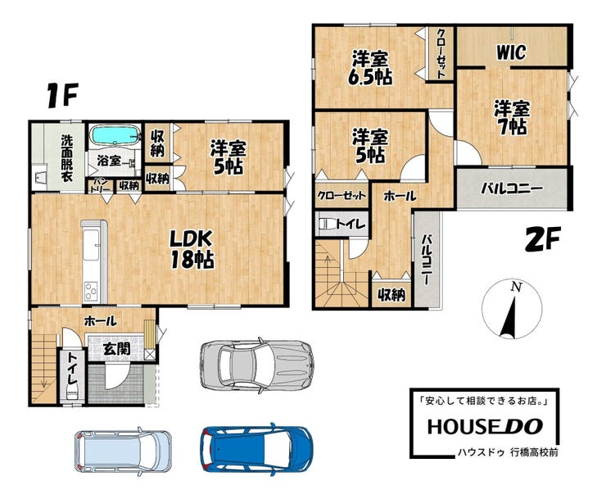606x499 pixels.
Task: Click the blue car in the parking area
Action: (x=256, y=447)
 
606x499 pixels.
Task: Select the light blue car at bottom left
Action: (x=123, y=451)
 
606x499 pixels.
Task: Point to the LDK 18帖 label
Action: (x=192, y=249)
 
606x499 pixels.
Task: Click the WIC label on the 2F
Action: (x=511, y=52)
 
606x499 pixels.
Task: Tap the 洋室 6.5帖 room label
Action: (x=370, y=68)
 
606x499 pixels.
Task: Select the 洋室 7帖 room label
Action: (x=512, y=118)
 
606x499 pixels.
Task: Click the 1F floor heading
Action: (x=62, y=96)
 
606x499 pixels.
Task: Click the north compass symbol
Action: (x=512, y=309)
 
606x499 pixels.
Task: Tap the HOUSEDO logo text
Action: (x=485, y=426)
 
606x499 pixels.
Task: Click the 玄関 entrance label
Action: (x=117, y=349)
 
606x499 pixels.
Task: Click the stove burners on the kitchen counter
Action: (x=92, y=291)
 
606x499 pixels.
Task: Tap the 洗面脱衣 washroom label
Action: (x=67, y=158)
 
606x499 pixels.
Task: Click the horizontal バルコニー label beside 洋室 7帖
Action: (x=512, y=188)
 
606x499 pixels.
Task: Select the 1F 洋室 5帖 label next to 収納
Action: (x=228, y=157)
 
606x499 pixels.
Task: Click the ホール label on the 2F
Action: (x=400, y=196)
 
